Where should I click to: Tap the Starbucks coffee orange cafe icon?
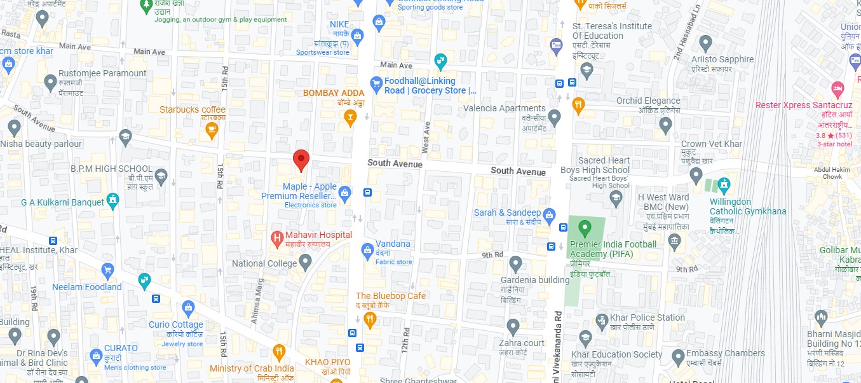tap(212, 130)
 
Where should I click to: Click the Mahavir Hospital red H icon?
tap(276, 239)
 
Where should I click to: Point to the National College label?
tap(265, 263)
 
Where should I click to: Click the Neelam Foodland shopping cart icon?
tap(108, 270)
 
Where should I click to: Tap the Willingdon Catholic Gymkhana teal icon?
tap(723, 186)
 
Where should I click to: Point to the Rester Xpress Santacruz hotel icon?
tap(837, 88)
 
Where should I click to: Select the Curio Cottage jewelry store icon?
tap(188, 309)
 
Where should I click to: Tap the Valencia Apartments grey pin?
tap(555, 117)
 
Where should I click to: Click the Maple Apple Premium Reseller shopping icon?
tap(345, 191)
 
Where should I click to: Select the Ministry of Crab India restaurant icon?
tap(279, 352)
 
